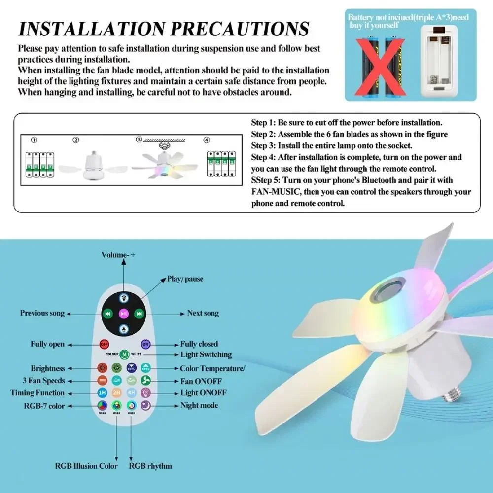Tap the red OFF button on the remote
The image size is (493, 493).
click(104, 344)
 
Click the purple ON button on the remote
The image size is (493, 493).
click(145, 344)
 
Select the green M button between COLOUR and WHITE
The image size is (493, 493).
click(124, 354)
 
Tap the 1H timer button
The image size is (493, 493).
click(103, 393)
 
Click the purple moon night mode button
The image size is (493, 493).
click(146, 405)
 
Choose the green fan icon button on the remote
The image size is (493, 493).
click(146, 381)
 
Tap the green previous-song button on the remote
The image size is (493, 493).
click(107, 313)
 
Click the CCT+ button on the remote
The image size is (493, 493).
click(146, 368)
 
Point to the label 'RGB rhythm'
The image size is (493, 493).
click(150, 466)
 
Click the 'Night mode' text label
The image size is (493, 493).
click(199, 405)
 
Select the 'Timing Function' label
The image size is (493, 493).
click(37, 393)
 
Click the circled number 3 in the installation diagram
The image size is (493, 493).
click(139, 140)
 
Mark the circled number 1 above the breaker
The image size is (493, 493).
click(34, 140)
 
